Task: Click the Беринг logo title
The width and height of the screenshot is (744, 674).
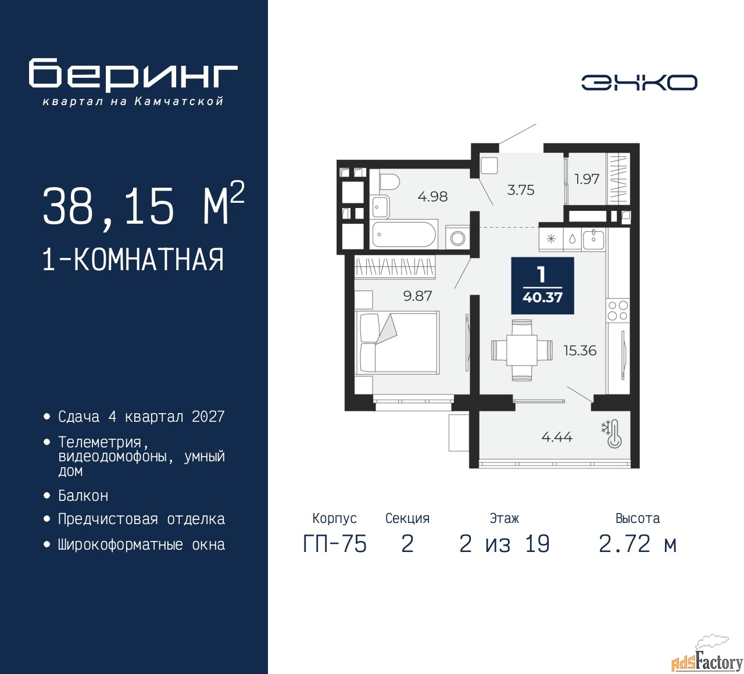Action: [133, 74]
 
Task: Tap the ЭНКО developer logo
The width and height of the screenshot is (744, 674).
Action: [639, 83]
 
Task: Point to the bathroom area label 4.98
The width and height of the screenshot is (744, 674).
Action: [432, 196]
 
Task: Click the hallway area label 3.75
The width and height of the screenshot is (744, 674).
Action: [521, 190]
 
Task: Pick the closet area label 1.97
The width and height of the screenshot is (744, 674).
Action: [586, 179]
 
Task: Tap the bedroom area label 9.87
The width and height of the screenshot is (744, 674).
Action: [417, 296]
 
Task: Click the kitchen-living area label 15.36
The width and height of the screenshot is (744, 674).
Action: [580, 350]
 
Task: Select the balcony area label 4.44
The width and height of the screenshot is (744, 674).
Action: [557, 437]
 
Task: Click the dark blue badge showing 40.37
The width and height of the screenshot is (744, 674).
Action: [543, 286]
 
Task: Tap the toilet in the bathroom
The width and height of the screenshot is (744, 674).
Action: [389, 182]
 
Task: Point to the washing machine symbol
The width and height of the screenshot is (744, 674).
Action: [457, 238]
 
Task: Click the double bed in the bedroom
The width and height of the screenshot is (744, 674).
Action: [397, 342]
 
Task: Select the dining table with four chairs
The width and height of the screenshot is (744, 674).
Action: [522, 350]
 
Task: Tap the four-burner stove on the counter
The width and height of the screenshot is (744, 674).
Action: [618, 311]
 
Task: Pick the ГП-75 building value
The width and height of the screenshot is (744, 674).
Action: [335, 544]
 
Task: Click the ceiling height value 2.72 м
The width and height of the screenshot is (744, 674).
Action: [638, 544]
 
